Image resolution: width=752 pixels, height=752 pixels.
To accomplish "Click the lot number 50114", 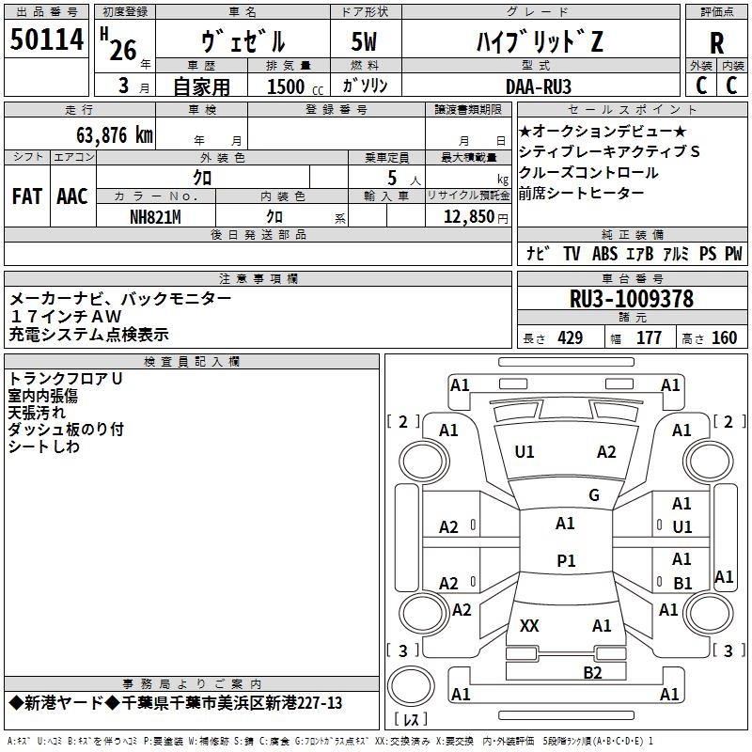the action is click(x=46, y=39).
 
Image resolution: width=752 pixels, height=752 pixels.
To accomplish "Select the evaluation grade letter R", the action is click(x=716, y=43).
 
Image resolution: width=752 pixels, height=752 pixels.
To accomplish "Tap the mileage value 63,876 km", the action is click(x=115, y=135).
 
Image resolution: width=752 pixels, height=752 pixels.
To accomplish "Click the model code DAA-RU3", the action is click(x=539, y=86).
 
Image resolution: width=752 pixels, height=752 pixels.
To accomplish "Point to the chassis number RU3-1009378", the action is click(x=632, y=299).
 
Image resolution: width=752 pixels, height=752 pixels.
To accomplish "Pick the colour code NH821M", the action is click(x=155, y=217).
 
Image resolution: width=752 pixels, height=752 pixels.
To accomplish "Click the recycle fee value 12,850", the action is click(x=468, y=217).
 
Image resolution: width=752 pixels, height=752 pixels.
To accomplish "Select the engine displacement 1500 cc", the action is click(x=295, y=86).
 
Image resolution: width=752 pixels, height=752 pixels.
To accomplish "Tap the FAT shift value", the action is click(x=27, y=196).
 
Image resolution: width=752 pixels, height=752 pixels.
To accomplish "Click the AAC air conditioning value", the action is click(x=72, y=196).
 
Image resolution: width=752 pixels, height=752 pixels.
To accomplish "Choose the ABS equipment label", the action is click(x=604, y=253).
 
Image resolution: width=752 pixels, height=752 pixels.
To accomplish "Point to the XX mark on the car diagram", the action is click(x=529, y=626).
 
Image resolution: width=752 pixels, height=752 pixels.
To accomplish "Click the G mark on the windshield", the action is click(x=594, y=495).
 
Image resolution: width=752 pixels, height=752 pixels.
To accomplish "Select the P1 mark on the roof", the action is click(x=566, y=560).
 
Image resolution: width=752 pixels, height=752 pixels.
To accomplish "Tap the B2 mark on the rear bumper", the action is click(x=593, y=673).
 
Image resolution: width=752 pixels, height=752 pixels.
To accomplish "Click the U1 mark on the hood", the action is click(x=525, y=452).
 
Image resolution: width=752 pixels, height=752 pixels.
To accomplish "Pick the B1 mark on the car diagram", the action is click(x=682, y=583).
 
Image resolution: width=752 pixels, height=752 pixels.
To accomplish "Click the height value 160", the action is click(x=724, y=337).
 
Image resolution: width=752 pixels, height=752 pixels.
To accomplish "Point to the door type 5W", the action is click(x=364, y=41).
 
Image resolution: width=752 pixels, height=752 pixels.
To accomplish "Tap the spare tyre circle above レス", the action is click(x=411, y=686).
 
